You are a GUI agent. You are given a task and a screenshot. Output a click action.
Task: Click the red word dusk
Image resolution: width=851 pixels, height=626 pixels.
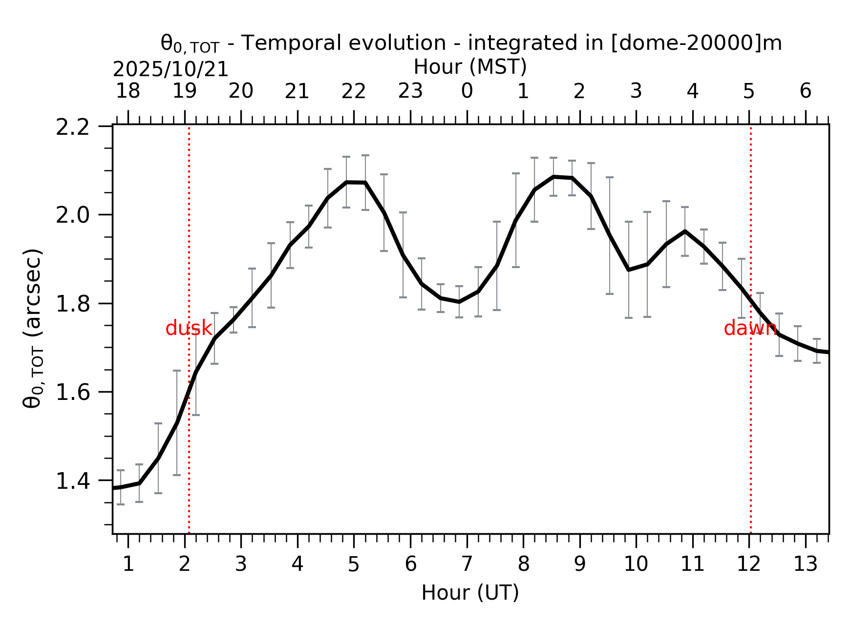(x=189, y=329)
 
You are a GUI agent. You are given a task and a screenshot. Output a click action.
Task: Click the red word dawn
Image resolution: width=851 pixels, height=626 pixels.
(x=750, y=329)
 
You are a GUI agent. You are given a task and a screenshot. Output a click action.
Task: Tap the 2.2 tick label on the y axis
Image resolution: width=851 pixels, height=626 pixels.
(x=72, y=127)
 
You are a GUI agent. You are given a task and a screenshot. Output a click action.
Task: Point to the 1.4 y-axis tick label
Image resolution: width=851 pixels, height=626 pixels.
(x=72, y=481)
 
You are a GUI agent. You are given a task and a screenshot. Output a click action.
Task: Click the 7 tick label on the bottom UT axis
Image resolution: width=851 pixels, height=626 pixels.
(x=467, y=564)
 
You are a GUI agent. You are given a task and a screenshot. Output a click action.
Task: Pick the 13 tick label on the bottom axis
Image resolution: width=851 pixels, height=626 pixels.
(x=805, y=564)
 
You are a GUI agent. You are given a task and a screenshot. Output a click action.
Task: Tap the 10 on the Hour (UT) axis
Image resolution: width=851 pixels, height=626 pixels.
(x=636, y=564)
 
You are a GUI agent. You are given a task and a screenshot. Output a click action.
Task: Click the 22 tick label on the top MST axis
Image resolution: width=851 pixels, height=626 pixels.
(x=354, y=91)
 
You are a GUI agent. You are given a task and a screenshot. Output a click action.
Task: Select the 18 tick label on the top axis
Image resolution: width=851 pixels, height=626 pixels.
(x=128, y=91)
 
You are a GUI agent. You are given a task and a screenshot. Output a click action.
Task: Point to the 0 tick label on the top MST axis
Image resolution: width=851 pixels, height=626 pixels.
(x=467, y=91)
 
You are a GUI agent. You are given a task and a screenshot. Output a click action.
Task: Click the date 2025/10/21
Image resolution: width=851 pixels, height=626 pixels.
(x=170, y=70)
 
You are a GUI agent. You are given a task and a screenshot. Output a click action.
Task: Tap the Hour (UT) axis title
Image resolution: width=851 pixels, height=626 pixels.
(x=470, y=593)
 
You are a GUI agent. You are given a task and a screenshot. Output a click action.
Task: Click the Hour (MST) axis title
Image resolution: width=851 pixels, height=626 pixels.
(x=470, y=67)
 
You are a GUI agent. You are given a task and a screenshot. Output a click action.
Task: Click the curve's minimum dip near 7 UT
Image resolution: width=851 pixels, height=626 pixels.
(x=459, y=302)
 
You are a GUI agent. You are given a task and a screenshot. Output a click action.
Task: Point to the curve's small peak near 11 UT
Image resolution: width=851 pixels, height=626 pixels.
(x=685, y=231)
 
